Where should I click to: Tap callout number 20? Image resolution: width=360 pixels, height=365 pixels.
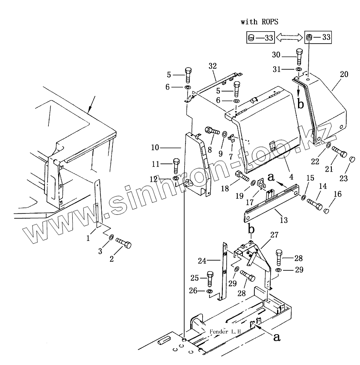[344, 74]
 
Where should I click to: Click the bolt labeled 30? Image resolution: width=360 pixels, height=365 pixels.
[299, 56]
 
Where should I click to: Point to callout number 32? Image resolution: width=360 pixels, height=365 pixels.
[212, 66]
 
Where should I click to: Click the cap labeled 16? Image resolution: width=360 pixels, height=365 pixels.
[327, 211]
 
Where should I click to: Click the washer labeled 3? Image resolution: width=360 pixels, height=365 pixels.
[110, 237]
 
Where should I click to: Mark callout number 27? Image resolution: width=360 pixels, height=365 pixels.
[274, 234]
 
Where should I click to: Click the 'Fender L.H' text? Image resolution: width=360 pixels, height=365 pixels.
[225, 332]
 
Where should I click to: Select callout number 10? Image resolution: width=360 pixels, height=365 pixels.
[155, 148]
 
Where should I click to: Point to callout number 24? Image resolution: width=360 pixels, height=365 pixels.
[202, 260]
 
